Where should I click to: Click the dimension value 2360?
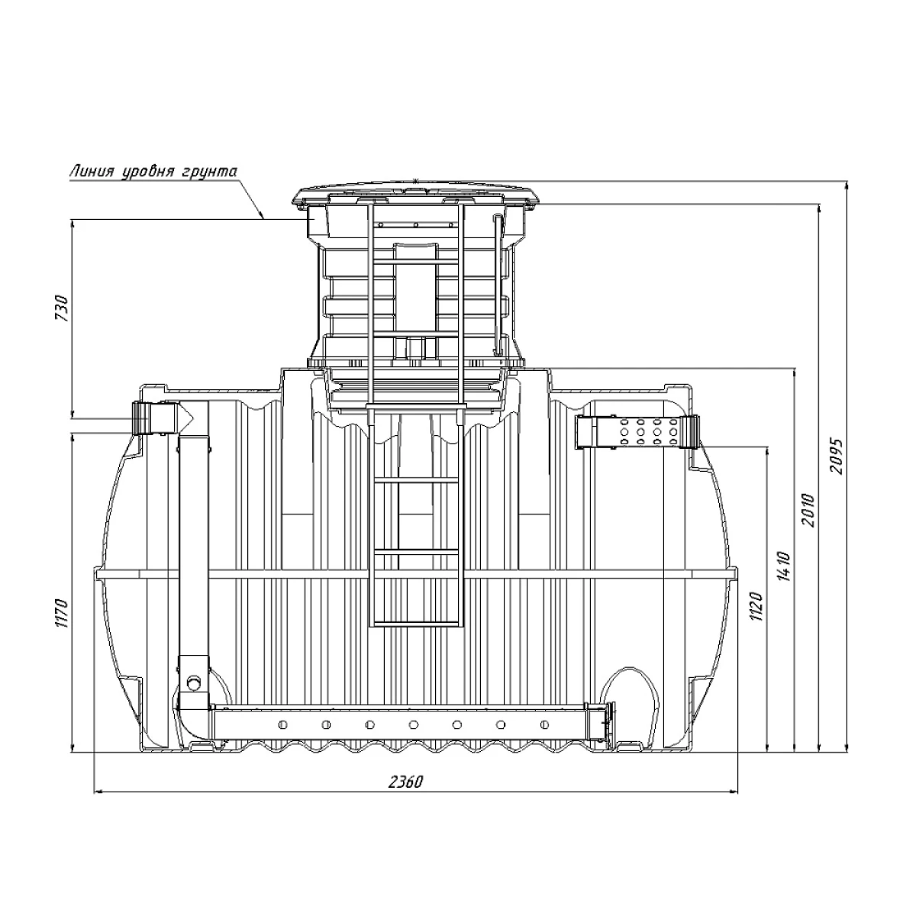point(405,781)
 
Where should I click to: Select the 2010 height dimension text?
point(808,511)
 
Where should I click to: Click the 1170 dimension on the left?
point(63,613)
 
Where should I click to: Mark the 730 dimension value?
point(63,308)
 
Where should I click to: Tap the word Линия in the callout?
point(92,171)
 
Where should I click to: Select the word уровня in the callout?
point(150,172)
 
